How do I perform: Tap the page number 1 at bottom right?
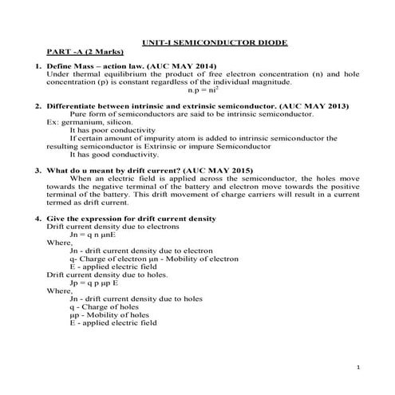tap(360, 366)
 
